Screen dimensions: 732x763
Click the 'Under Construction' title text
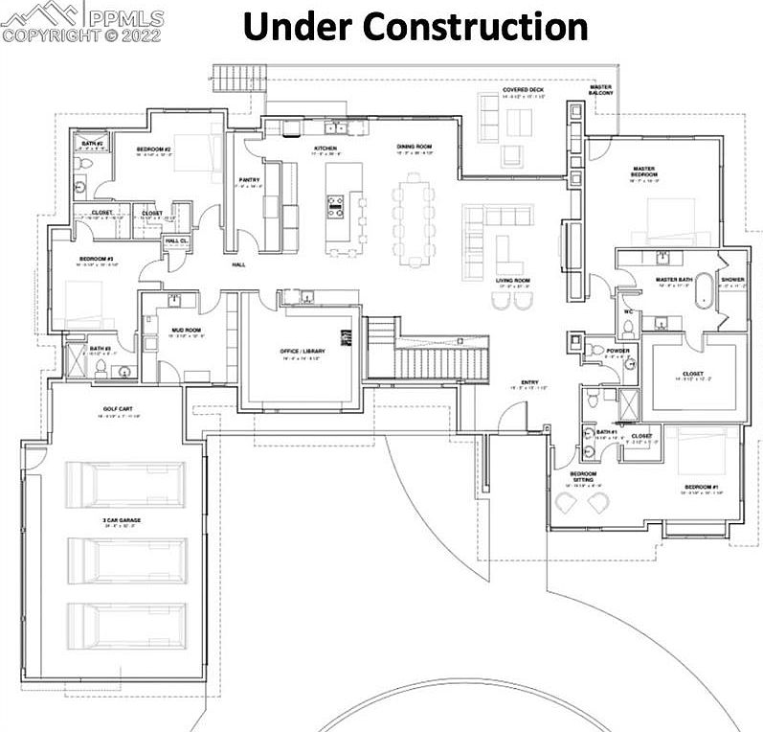tap(415, 26)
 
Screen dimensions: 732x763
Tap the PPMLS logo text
tap(123, 16)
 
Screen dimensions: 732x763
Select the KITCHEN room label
tap(325, 149)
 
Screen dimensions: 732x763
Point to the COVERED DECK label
tap(524, 91)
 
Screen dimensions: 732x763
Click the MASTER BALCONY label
tap(600, 90)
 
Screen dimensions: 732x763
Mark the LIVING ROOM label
tap(513, 281)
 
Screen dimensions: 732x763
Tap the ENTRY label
tap(527, 382)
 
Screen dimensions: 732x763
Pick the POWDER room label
tap(618, 351)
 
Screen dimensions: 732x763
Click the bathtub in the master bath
tap(705, 289)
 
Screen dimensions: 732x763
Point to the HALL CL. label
tap(176, 241)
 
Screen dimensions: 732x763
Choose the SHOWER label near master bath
tap(732, 280)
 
